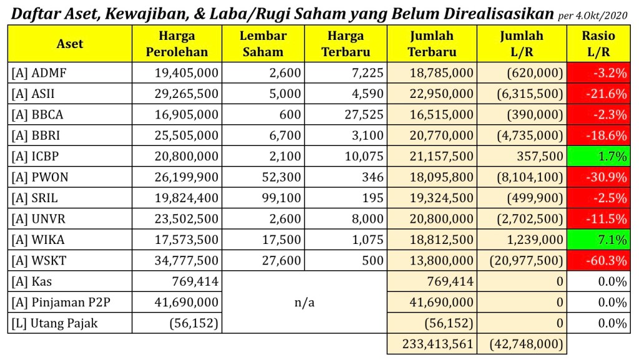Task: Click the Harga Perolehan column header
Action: coord(177,44)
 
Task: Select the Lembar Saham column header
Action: coord(263,44)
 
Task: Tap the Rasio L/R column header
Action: coord(598,44)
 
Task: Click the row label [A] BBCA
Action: coord(37,115)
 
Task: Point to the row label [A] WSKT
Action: coord(39,261)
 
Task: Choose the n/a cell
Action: coord(305,303)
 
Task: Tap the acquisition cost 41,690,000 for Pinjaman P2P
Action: coord(187,303)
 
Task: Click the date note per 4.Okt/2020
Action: coord(597,14)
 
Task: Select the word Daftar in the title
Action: coord(36,14)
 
